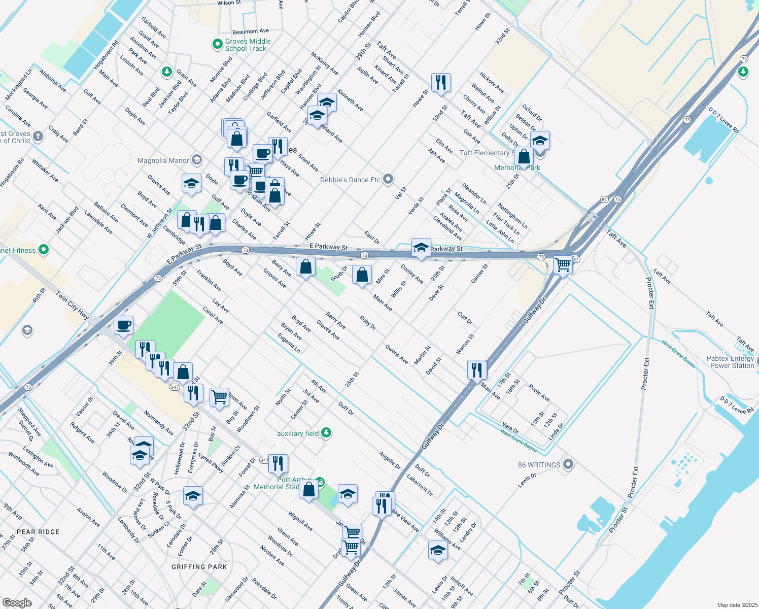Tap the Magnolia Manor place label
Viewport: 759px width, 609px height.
(x=163, y=160)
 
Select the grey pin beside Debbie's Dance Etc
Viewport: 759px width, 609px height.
(x=388, y=179)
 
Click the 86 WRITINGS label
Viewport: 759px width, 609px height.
(x=539, y=465)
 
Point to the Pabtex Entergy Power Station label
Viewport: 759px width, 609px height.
(x=730, y=362)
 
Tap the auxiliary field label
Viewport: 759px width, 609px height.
(x=298, y=433)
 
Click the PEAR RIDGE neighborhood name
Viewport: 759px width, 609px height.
(x=38, y=532)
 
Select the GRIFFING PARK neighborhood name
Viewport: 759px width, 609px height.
(x=199, y=567)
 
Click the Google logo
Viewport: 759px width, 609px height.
(x=17, y=602)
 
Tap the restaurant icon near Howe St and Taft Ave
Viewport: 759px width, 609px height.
(x=441, y=82)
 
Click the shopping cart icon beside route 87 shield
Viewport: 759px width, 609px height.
(x=563, y=264)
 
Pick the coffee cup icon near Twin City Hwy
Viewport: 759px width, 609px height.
(x=123, y=325)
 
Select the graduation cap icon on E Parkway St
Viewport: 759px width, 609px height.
(x=421, y=248)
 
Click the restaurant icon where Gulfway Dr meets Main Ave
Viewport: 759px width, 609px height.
(x=476, y=370)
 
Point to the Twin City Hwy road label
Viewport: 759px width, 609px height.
(x=73, y=305)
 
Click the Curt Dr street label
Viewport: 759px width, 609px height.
(x=465, y=318)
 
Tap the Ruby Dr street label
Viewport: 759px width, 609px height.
(x=368, y=323)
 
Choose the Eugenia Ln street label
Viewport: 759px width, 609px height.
(x=289, y=343)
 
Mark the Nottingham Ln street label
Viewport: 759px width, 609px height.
(x=512, y=216)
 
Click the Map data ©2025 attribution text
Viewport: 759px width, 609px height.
(x=737, y=605)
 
